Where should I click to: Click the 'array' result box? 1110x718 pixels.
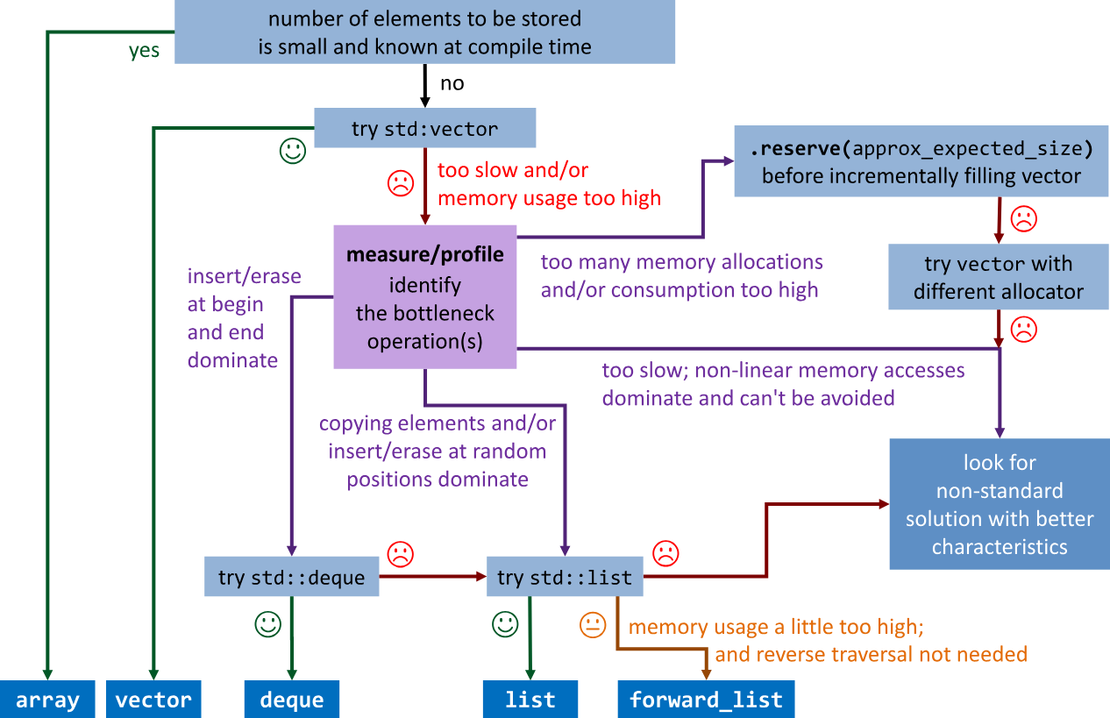[x=47, y=700]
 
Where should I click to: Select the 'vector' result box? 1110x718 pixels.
[x=153, y=700]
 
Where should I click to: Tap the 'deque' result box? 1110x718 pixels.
[x=291, y=700]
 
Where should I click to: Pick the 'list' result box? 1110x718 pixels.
[x=530, y=700]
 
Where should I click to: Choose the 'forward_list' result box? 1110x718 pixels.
[x=706, y=700]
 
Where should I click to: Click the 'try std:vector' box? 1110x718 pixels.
[x=424, y=129]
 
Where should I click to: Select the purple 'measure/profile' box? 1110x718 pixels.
[x=425, y=297]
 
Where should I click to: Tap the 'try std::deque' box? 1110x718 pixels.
[x=291, y=577]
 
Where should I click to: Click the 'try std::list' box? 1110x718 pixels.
[x=565, y=577]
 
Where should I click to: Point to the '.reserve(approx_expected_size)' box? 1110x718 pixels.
[x=921, y=161]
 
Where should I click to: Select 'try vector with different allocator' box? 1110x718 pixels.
[x=998, y=277]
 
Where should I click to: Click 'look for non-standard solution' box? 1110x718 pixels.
[x=1000, y=504]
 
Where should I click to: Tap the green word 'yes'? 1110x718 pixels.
[x=145, y=51]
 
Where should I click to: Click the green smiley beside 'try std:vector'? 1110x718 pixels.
[x=293, y=151]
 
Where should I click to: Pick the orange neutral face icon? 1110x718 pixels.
[x=593, y=625]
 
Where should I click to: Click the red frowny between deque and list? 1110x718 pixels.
[x=400, y=554]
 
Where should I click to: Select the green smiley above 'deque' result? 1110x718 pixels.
[x=267, y=624]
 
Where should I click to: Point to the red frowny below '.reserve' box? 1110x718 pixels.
[x=1023, y=217]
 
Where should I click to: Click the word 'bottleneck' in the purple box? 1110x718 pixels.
[x=425, y=313]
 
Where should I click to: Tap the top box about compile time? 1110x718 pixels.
[x=424, y=32]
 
